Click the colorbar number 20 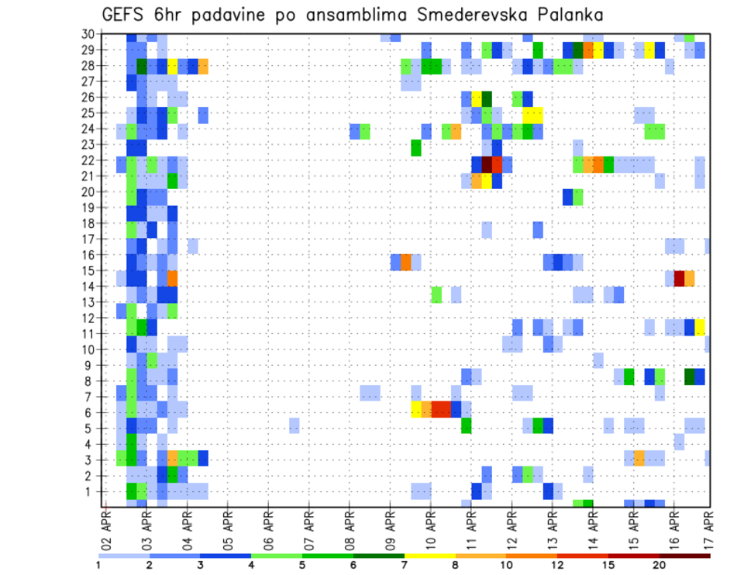click(x=659, y=565)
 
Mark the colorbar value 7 click(x=404, y=565)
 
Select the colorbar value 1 click(x=98, y=565)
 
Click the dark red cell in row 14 click(x=680, y=278)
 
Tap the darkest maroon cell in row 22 click(x=487, y=164)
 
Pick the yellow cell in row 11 click(x=700, y=326)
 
